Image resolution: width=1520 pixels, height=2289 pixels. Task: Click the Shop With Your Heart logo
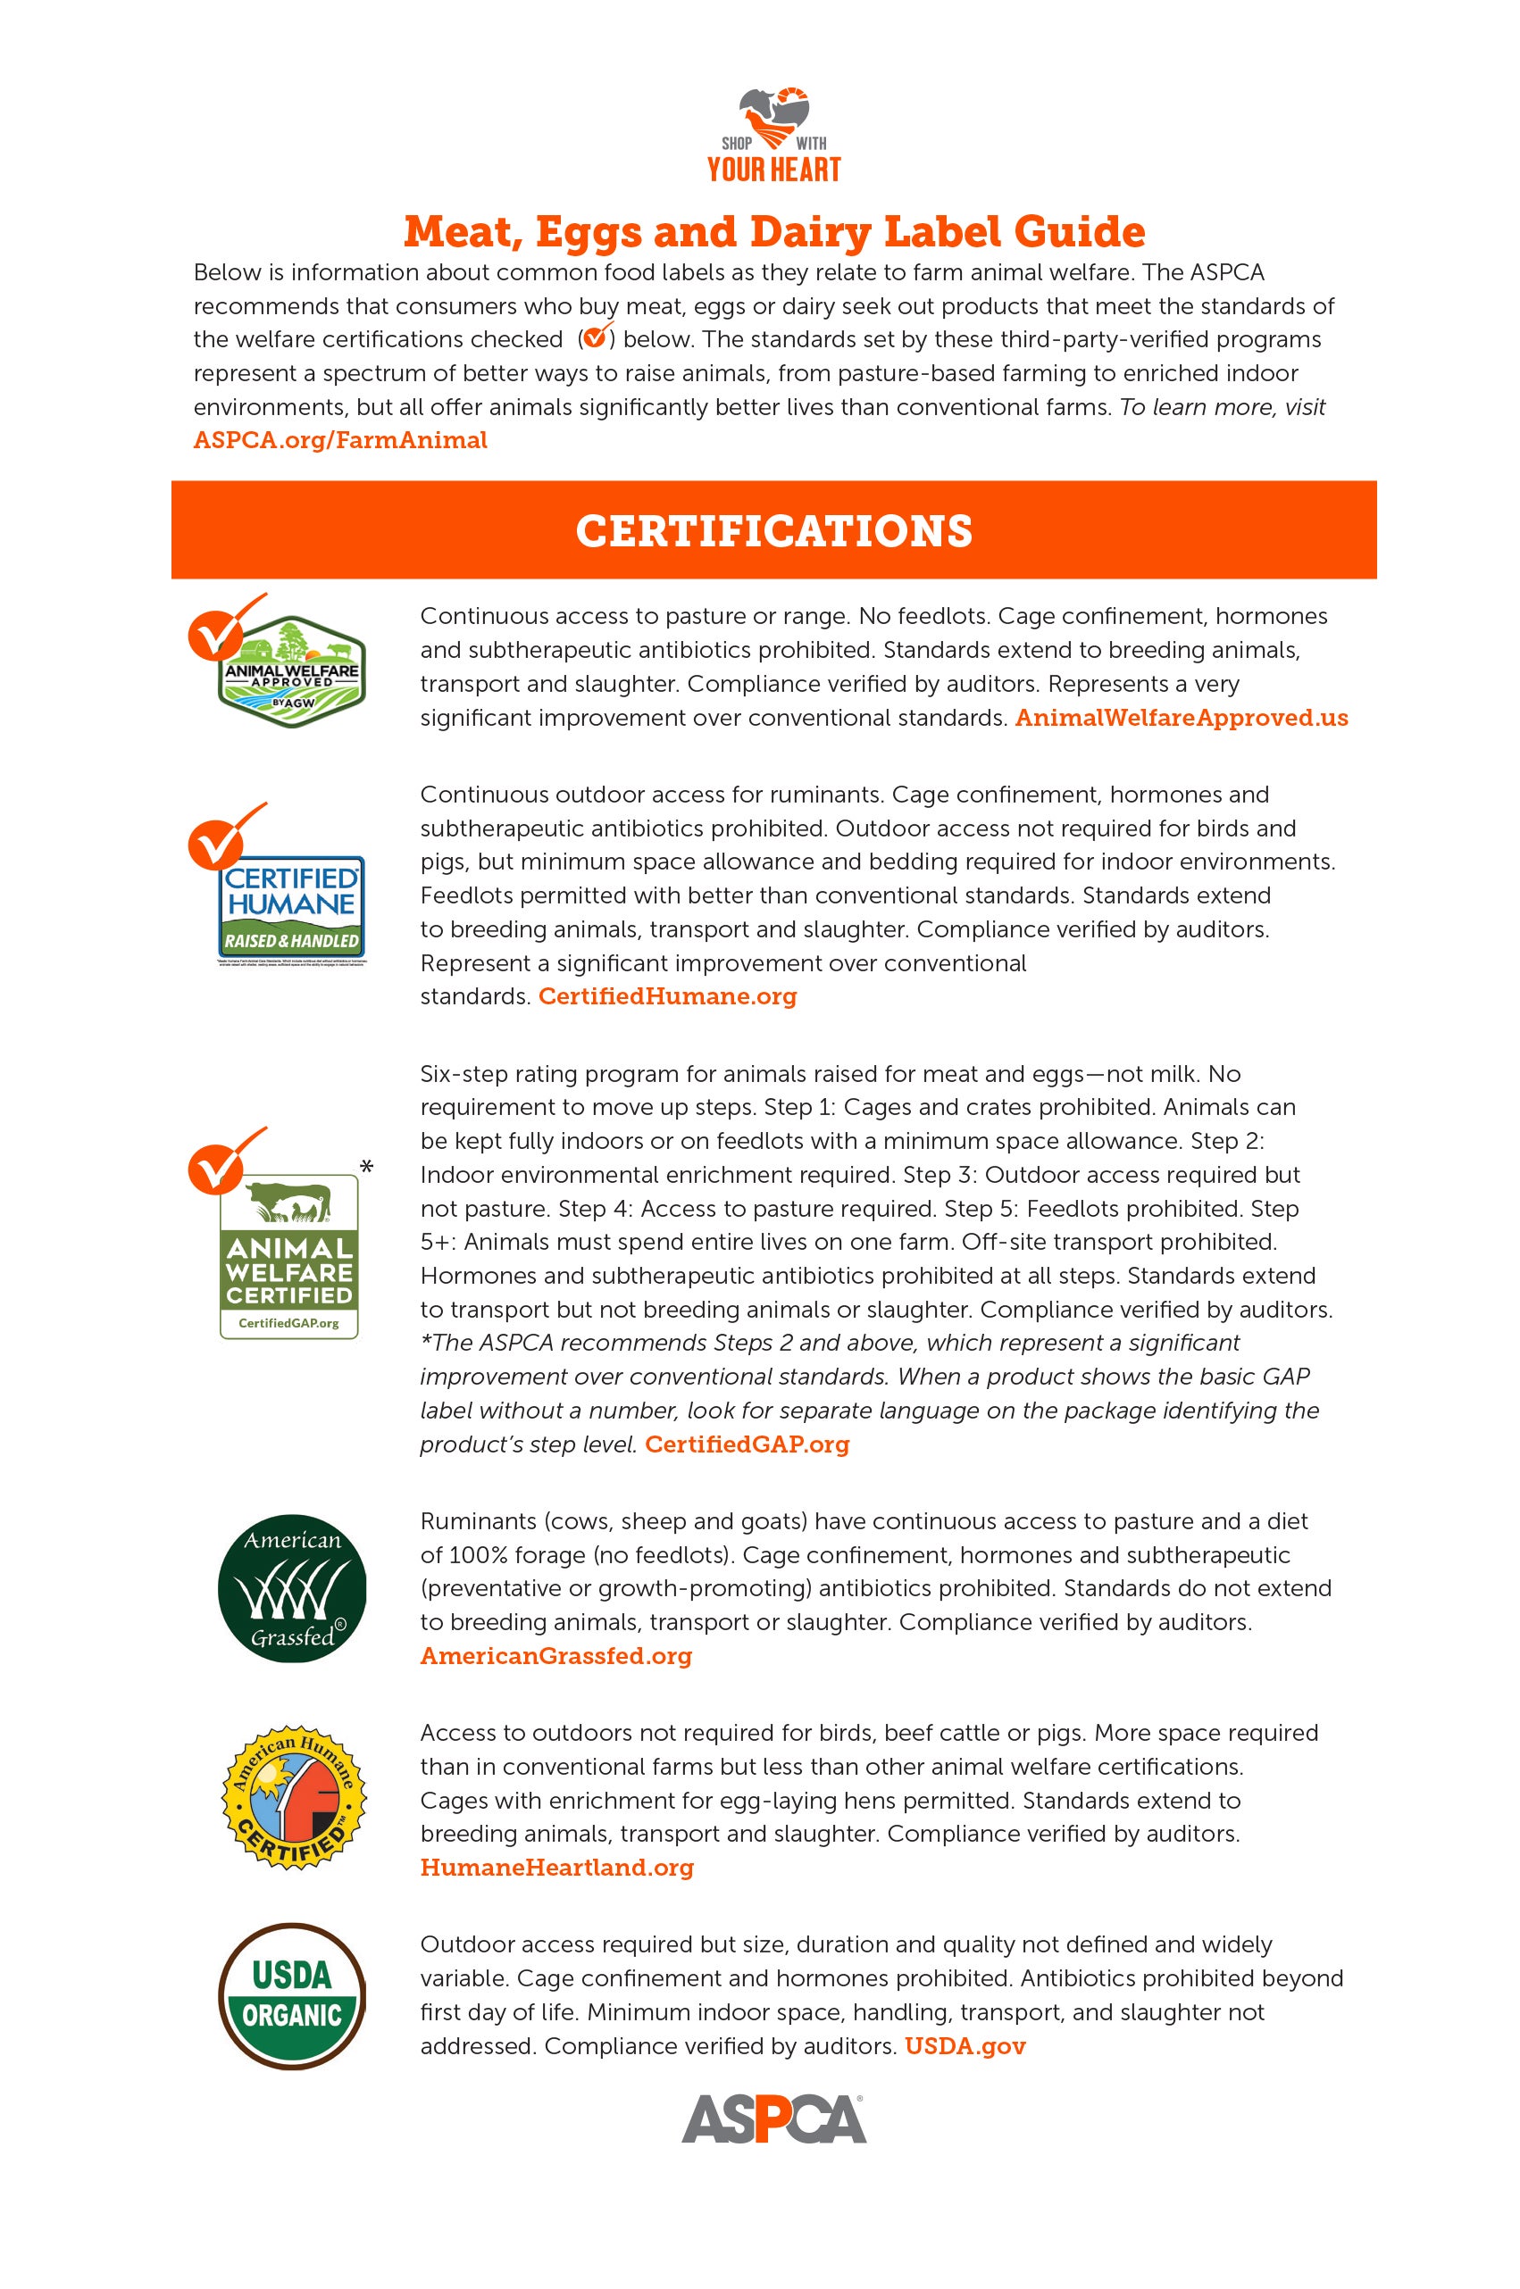click(773, 135)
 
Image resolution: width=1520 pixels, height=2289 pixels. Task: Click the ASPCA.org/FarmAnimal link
click(340, 440)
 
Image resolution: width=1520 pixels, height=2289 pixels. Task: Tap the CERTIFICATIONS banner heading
click(773, 531)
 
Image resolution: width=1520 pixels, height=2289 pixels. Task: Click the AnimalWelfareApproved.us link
click(1181, 718)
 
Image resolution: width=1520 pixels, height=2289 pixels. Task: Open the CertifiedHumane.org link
click(667, 996)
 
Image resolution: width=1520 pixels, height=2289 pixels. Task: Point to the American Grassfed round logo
click(292, 1588)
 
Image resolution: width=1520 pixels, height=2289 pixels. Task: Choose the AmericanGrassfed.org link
click(555, 1656)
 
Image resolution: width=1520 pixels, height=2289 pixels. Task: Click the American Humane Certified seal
click(294, 1801)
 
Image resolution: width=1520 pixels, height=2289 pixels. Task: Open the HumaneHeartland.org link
click(556, 1868)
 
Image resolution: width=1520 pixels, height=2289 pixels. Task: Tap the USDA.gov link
click(965, 2047)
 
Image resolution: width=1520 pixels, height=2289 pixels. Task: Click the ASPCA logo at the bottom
click(773, 2119)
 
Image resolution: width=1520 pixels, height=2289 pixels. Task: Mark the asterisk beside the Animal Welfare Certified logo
click(365, 1168)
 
